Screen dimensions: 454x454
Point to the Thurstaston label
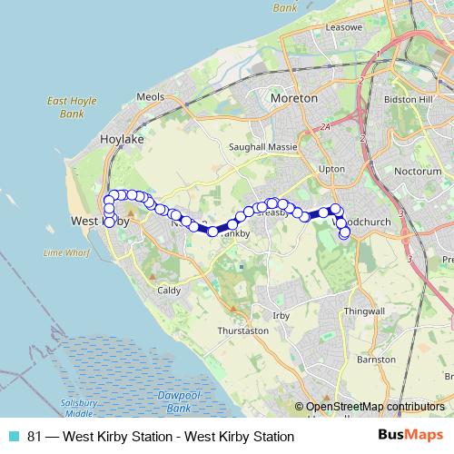pyautogui.click(x=242, y=331)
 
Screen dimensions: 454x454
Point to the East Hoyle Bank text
pyautogui.click(x=65, y=108)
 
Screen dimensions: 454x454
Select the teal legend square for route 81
pyautogui.click(x=13, y=436)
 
